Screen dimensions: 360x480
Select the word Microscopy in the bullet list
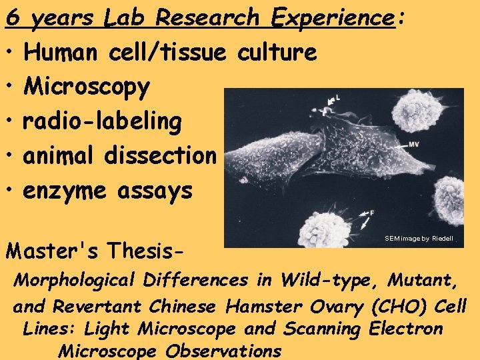click(x=87, y=87)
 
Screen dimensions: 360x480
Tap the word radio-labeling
click(x=102, y=121)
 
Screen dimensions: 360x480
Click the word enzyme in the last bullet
click(x=65, y=191)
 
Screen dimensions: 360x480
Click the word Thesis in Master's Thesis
click(x=150, y=251)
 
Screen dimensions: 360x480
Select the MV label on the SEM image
click(x=413, y=144)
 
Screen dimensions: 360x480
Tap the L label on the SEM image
click(x=338, y=98)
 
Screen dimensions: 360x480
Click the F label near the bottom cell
click(x=373, y=211)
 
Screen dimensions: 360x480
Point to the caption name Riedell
click(x=442, y=239)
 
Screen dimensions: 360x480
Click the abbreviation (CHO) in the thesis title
click(x=403, y=307)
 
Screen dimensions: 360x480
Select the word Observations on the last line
click(x=223, y=351)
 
